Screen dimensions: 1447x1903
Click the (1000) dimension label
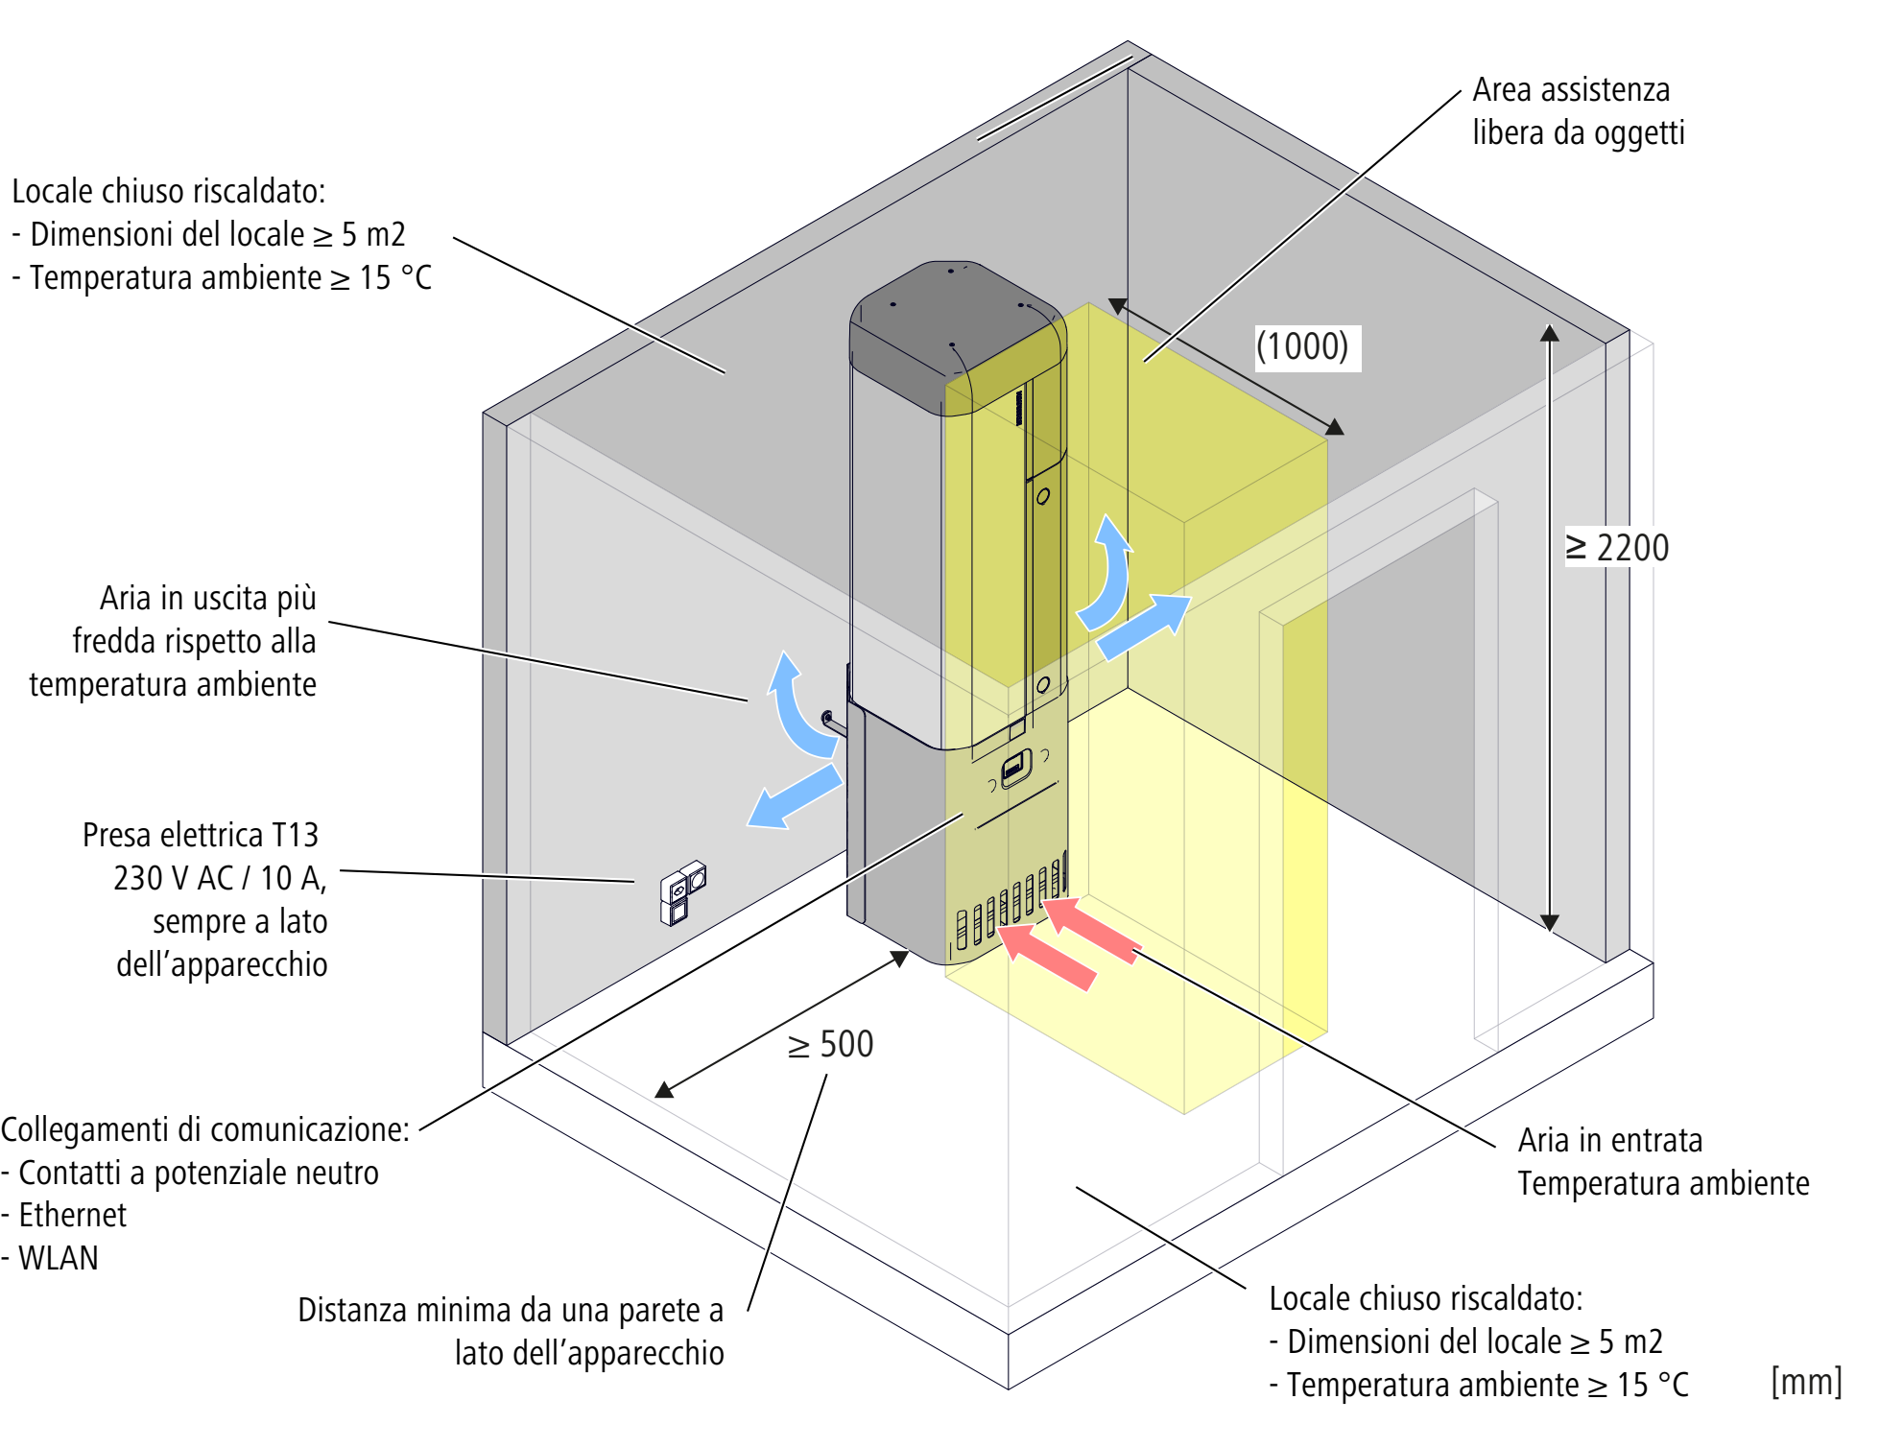point(1302,346)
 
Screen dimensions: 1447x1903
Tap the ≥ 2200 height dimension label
point(1618,548)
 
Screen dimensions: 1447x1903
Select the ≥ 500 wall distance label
point(830,1044)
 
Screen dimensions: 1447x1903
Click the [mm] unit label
point(1806,1382)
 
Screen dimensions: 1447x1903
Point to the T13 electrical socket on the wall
point(682,892)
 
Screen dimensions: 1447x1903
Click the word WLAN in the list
point(59,1258)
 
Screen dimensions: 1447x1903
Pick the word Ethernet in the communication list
point(73,1215)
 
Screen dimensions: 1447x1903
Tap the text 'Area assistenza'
point(1571,90)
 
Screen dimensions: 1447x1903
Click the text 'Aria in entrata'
point(1609,1140)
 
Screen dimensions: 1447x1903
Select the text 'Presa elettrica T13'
point(201,835)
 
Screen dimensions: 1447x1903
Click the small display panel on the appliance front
point(1014,768)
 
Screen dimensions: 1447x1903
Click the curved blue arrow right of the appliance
point(1108,576)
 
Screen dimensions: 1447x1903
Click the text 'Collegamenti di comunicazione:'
point(204,1129)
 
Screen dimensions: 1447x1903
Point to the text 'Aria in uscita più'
point(208,598)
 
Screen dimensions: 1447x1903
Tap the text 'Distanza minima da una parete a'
point(510,1310)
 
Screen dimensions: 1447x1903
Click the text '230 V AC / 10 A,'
point(220,878)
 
